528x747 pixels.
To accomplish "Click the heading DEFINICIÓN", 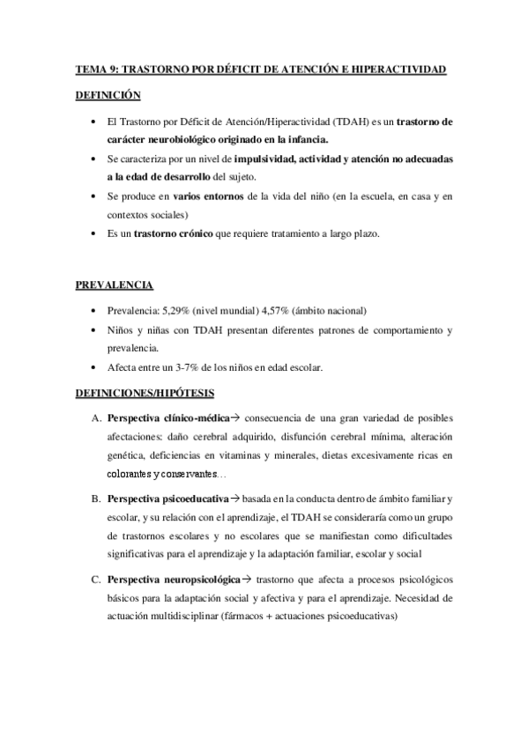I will point(108,93).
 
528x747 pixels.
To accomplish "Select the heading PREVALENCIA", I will point(113,285).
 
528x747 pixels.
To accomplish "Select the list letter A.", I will point(94,418).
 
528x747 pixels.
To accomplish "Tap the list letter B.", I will point(94,500).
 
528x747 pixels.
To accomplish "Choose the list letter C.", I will point(94,581).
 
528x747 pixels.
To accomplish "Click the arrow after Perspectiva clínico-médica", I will point(235,418).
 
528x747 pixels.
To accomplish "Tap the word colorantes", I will point(130,474).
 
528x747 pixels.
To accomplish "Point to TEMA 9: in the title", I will point(95,69).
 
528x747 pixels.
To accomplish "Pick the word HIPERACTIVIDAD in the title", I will point(398,69).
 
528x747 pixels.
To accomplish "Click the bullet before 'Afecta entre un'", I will point(93,367).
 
